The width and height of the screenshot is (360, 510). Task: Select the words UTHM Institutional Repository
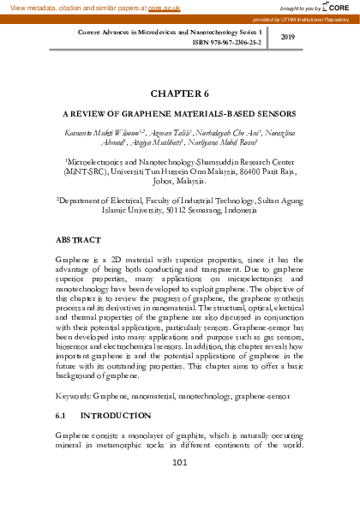[x=317, y=17]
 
